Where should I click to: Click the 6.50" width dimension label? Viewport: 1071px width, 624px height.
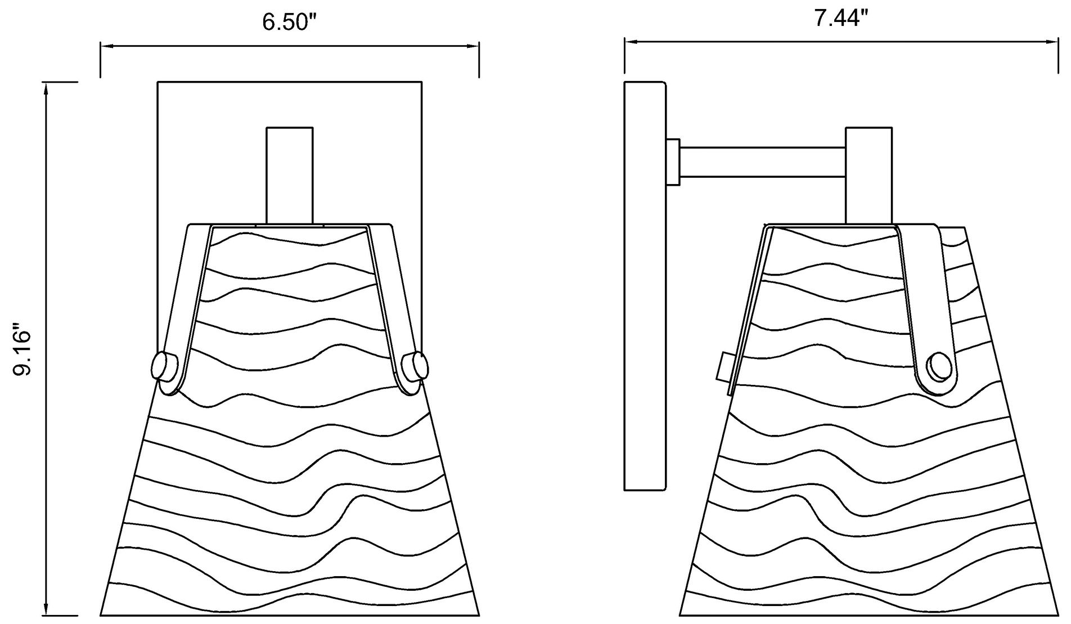(x=290, y=22)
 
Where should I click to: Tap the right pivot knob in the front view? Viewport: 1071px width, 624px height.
(x=416, y=366)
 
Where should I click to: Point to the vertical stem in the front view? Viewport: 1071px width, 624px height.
(x=290, y=175)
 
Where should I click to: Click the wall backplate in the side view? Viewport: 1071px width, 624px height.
(x=646, y=286)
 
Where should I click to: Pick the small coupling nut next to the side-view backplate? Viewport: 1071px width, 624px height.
(x=673, y=162)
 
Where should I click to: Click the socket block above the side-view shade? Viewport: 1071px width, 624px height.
(x=868, y=176)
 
